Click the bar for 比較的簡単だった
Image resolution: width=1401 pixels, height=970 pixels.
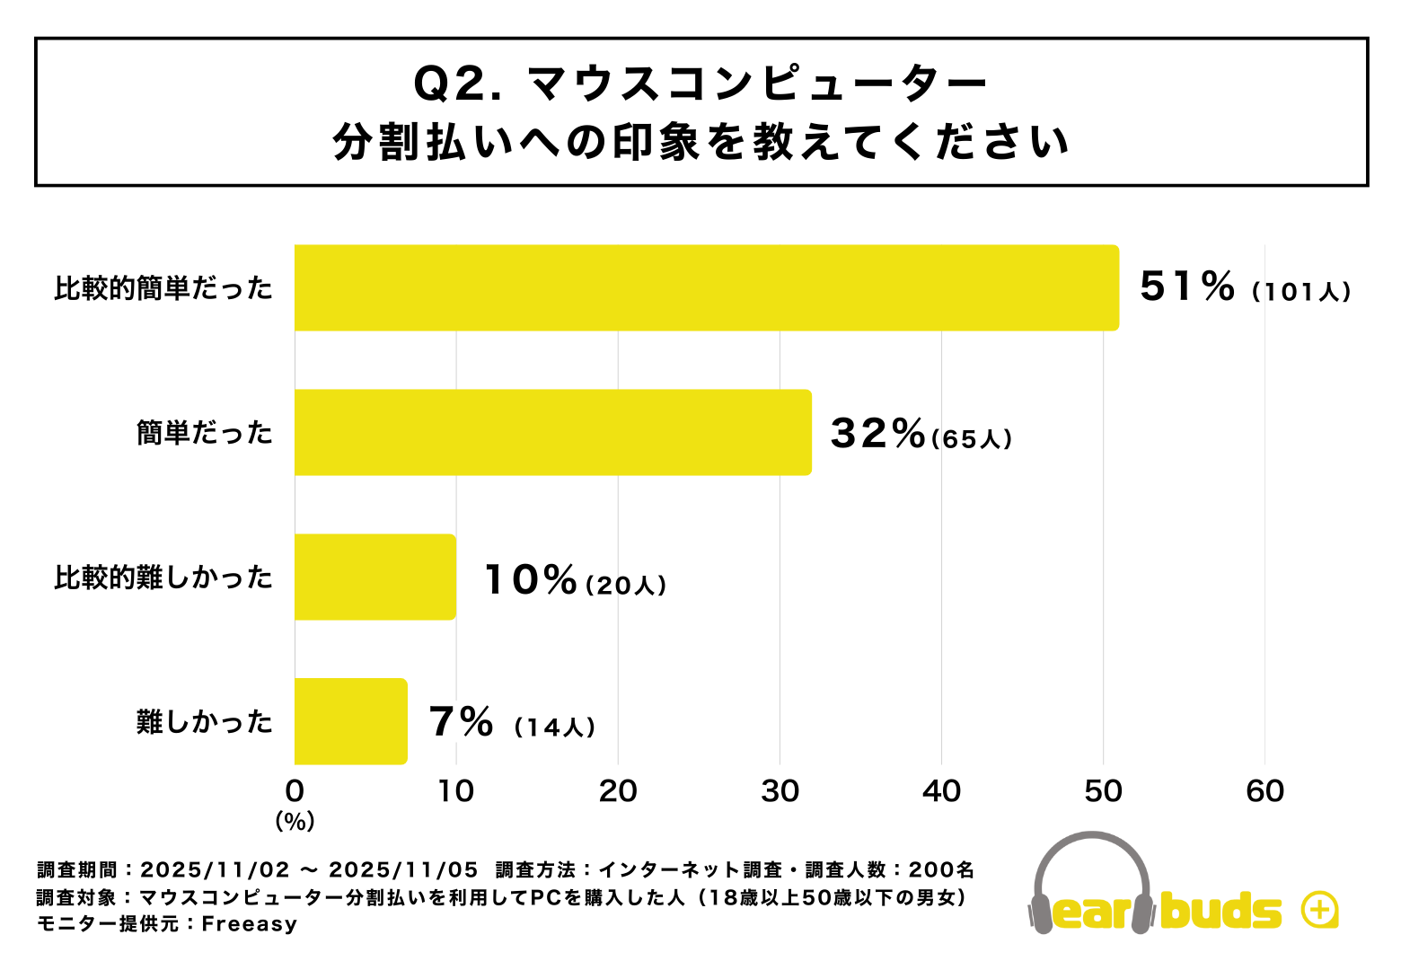point(706,287)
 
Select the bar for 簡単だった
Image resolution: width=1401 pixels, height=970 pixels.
point(552,432)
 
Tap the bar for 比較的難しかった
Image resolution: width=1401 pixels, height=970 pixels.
point(374,577)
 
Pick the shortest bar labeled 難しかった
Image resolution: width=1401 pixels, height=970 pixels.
point(350,721)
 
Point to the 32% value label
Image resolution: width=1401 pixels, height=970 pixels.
point(877,433)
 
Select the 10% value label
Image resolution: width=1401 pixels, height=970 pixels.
point(530,579)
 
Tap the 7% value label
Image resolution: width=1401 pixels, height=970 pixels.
point(461,722)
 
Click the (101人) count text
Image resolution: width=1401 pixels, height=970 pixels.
point(1302,292)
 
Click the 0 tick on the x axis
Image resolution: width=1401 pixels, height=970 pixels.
point(295,791)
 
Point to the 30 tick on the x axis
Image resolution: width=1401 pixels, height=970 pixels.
point(780,791)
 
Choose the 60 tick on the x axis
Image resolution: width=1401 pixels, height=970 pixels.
point(1264,791)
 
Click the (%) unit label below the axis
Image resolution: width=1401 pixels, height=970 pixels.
point(295,821)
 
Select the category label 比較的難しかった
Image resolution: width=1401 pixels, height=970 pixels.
point(163,578)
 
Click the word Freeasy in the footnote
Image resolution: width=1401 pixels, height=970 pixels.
point(249,924)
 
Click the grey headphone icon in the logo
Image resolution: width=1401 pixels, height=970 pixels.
point(1091,876)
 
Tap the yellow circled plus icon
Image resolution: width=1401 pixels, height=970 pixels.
point(1318,910)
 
